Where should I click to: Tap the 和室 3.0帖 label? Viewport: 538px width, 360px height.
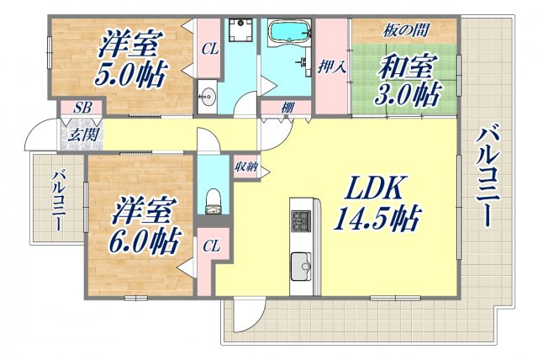409,77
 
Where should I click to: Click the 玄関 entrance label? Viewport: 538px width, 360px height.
81,133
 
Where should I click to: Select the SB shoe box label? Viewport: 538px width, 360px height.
82,107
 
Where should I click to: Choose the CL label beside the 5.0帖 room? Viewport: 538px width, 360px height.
210,50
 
